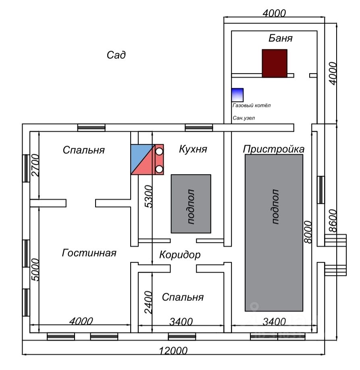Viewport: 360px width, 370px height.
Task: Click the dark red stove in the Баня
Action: point(275,63)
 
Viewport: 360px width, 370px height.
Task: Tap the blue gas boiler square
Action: point(237,95)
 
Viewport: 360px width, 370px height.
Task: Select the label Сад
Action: point(116,55)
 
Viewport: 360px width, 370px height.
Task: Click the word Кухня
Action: point(193,149)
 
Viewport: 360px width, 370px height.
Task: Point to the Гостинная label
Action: point(89,253)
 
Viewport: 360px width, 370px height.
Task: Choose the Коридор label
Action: point(180,255)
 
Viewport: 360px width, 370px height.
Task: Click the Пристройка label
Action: point(274,149)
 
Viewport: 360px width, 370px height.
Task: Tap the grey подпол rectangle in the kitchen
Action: point(191,204)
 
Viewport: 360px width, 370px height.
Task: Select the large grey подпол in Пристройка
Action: point(274,233)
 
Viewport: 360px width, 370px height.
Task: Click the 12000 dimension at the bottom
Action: point(173,351)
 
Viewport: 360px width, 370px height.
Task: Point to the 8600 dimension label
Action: point(333,221)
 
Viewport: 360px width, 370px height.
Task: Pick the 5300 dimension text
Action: point(149,196)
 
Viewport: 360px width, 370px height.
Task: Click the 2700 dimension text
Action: point(35,165)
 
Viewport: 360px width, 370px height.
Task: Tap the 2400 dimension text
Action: point(148,302)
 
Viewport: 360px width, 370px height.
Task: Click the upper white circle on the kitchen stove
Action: point(159,151)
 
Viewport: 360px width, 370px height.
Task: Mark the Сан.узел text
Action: point(243,118)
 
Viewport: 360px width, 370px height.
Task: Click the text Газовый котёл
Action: point(252,105)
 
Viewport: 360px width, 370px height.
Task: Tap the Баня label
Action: point(281,38)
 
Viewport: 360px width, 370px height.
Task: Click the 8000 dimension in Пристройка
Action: point(308,232)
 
